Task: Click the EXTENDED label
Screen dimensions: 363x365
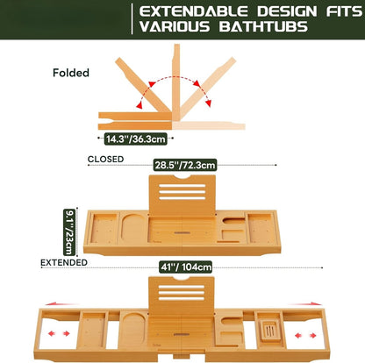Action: pyautogui.click(x=62, y=261)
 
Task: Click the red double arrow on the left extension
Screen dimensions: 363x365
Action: pyautogui.click(x=61, y=334)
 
